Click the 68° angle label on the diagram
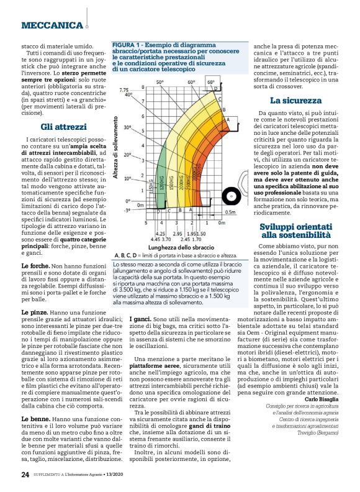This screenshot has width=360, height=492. (x=211, y=81)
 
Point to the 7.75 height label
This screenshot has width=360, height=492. (x=124, y=90)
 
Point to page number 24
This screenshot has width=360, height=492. (x=25, y=475)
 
